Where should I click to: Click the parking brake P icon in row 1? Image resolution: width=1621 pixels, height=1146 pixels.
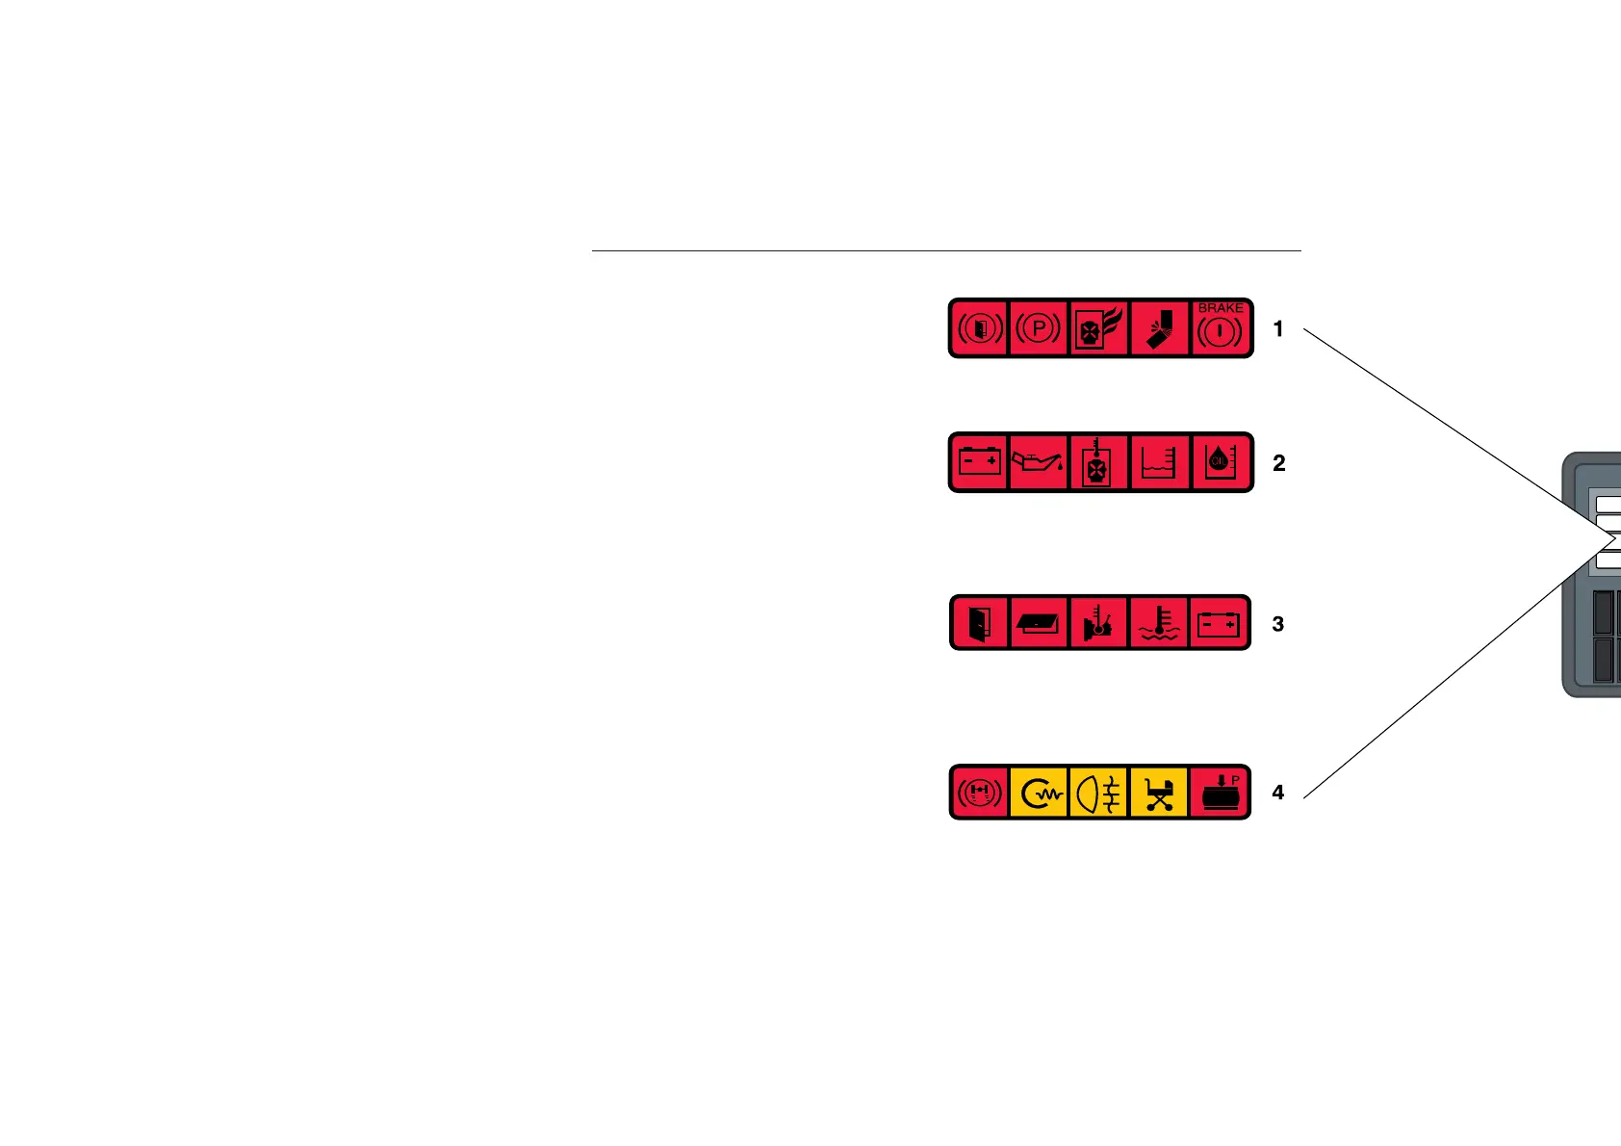coord(1039,328)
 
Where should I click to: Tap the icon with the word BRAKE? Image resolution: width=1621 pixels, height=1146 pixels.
coord(1221,328)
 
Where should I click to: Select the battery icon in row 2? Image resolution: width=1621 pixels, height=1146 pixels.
coord(980,462)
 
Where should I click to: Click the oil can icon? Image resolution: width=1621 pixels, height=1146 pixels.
coord(1039,462)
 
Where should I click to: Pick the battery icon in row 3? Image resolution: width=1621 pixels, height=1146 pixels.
coord(1219,624)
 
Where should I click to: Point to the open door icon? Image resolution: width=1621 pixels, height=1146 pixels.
coord(980,624)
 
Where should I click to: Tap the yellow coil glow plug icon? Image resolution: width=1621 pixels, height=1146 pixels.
coord(1040,793)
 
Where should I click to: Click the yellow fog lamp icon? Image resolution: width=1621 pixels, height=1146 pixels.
coord(1099,793)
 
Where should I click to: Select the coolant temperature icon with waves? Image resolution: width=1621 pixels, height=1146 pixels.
coord(1159,624)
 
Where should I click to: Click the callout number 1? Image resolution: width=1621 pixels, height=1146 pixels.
coord(1278,329)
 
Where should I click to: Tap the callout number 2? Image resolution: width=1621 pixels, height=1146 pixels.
coord(1278,463)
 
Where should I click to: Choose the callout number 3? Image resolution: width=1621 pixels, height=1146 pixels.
coord(1278,624)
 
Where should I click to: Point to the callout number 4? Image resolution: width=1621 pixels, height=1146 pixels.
coord(1278,793)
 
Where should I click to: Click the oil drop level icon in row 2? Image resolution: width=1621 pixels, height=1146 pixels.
coord(1221,462)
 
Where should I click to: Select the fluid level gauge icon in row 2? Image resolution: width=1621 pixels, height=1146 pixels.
coord(1159,462)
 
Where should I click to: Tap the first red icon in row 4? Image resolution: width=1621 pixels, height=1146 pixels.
coord(980,793)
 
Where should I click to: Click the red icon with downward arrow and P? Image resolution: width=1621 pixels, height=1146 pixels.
coord(1220,793)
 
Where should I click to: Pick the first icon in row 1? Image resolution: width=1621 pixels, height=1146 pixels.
coord(980,328)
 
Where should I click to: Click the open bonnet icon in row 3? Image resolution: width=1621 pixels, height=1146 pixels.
coord(1040,624)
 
